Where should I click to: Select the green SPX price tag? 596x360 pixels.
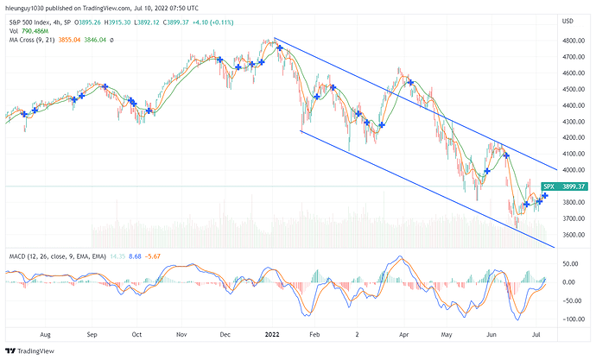pos(548,186)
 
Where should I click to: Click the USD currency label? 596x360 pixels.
pos(567,21)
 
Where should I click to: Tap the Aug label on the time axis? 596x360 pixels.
pos(47,332)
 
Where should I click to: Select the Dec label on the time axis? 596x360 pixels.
pos(225,332)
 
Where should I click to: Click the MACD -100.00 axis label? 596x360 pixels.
pos(569,319)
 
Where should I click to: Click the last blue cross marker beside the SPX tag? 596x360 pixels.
pos(545,197)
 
